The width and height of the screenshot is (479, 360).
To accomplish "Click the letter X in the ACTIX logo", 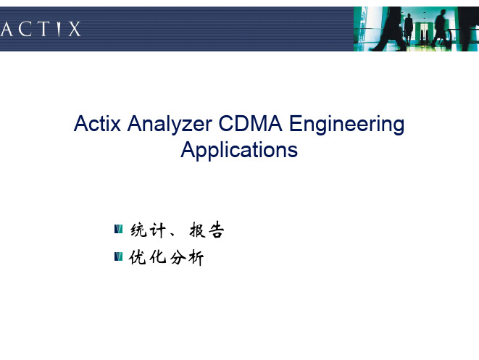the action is click(74, 29).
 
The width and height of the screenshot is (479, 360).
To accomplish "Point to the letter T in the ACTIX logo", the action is click(43, 29).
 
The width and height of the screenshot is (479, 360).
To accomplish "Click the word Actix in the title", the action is click(97, 124).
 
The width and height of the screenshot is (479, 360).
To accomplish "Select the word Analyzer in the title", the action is click(170, 125).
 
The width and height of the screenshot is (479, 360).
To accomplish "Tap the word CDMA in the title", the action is click(250, 124).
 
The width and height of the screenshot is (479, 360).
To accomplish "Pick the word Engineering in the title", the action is click(346, 125).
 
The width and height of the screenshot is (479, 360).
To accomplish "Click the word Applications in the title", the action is click(239, 150).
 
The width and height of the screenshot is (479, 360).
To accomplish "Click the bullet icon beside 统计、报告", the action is click(119, 229).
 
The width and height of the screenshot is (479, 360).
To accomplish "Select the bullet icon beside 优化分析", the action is click(119, 256).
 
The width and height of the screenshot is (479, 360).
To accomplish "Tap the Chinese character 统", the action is click(139, 230).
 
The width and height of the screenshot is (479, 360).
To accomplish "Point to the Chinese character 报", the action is click(198, 230).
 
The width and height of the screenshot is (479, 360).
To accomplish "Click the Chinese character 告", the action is click(216, 230).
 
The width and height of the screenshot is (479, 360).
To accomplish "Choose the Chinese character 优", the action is click(138, 257).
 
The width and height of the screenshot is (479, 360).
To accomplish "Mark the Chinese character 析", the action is click(196, 258).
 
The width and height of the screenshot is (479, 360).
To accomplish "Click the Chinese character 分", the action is click(178, 257).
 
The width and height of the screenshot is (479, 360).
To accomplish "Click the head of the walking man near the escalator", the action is click(443, 13).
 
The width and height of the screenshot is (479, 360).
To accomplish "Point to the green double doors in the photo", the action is click(423, 33).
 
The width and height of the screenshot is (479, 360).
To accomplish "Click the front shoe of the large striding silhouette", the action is click(376, 49).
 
